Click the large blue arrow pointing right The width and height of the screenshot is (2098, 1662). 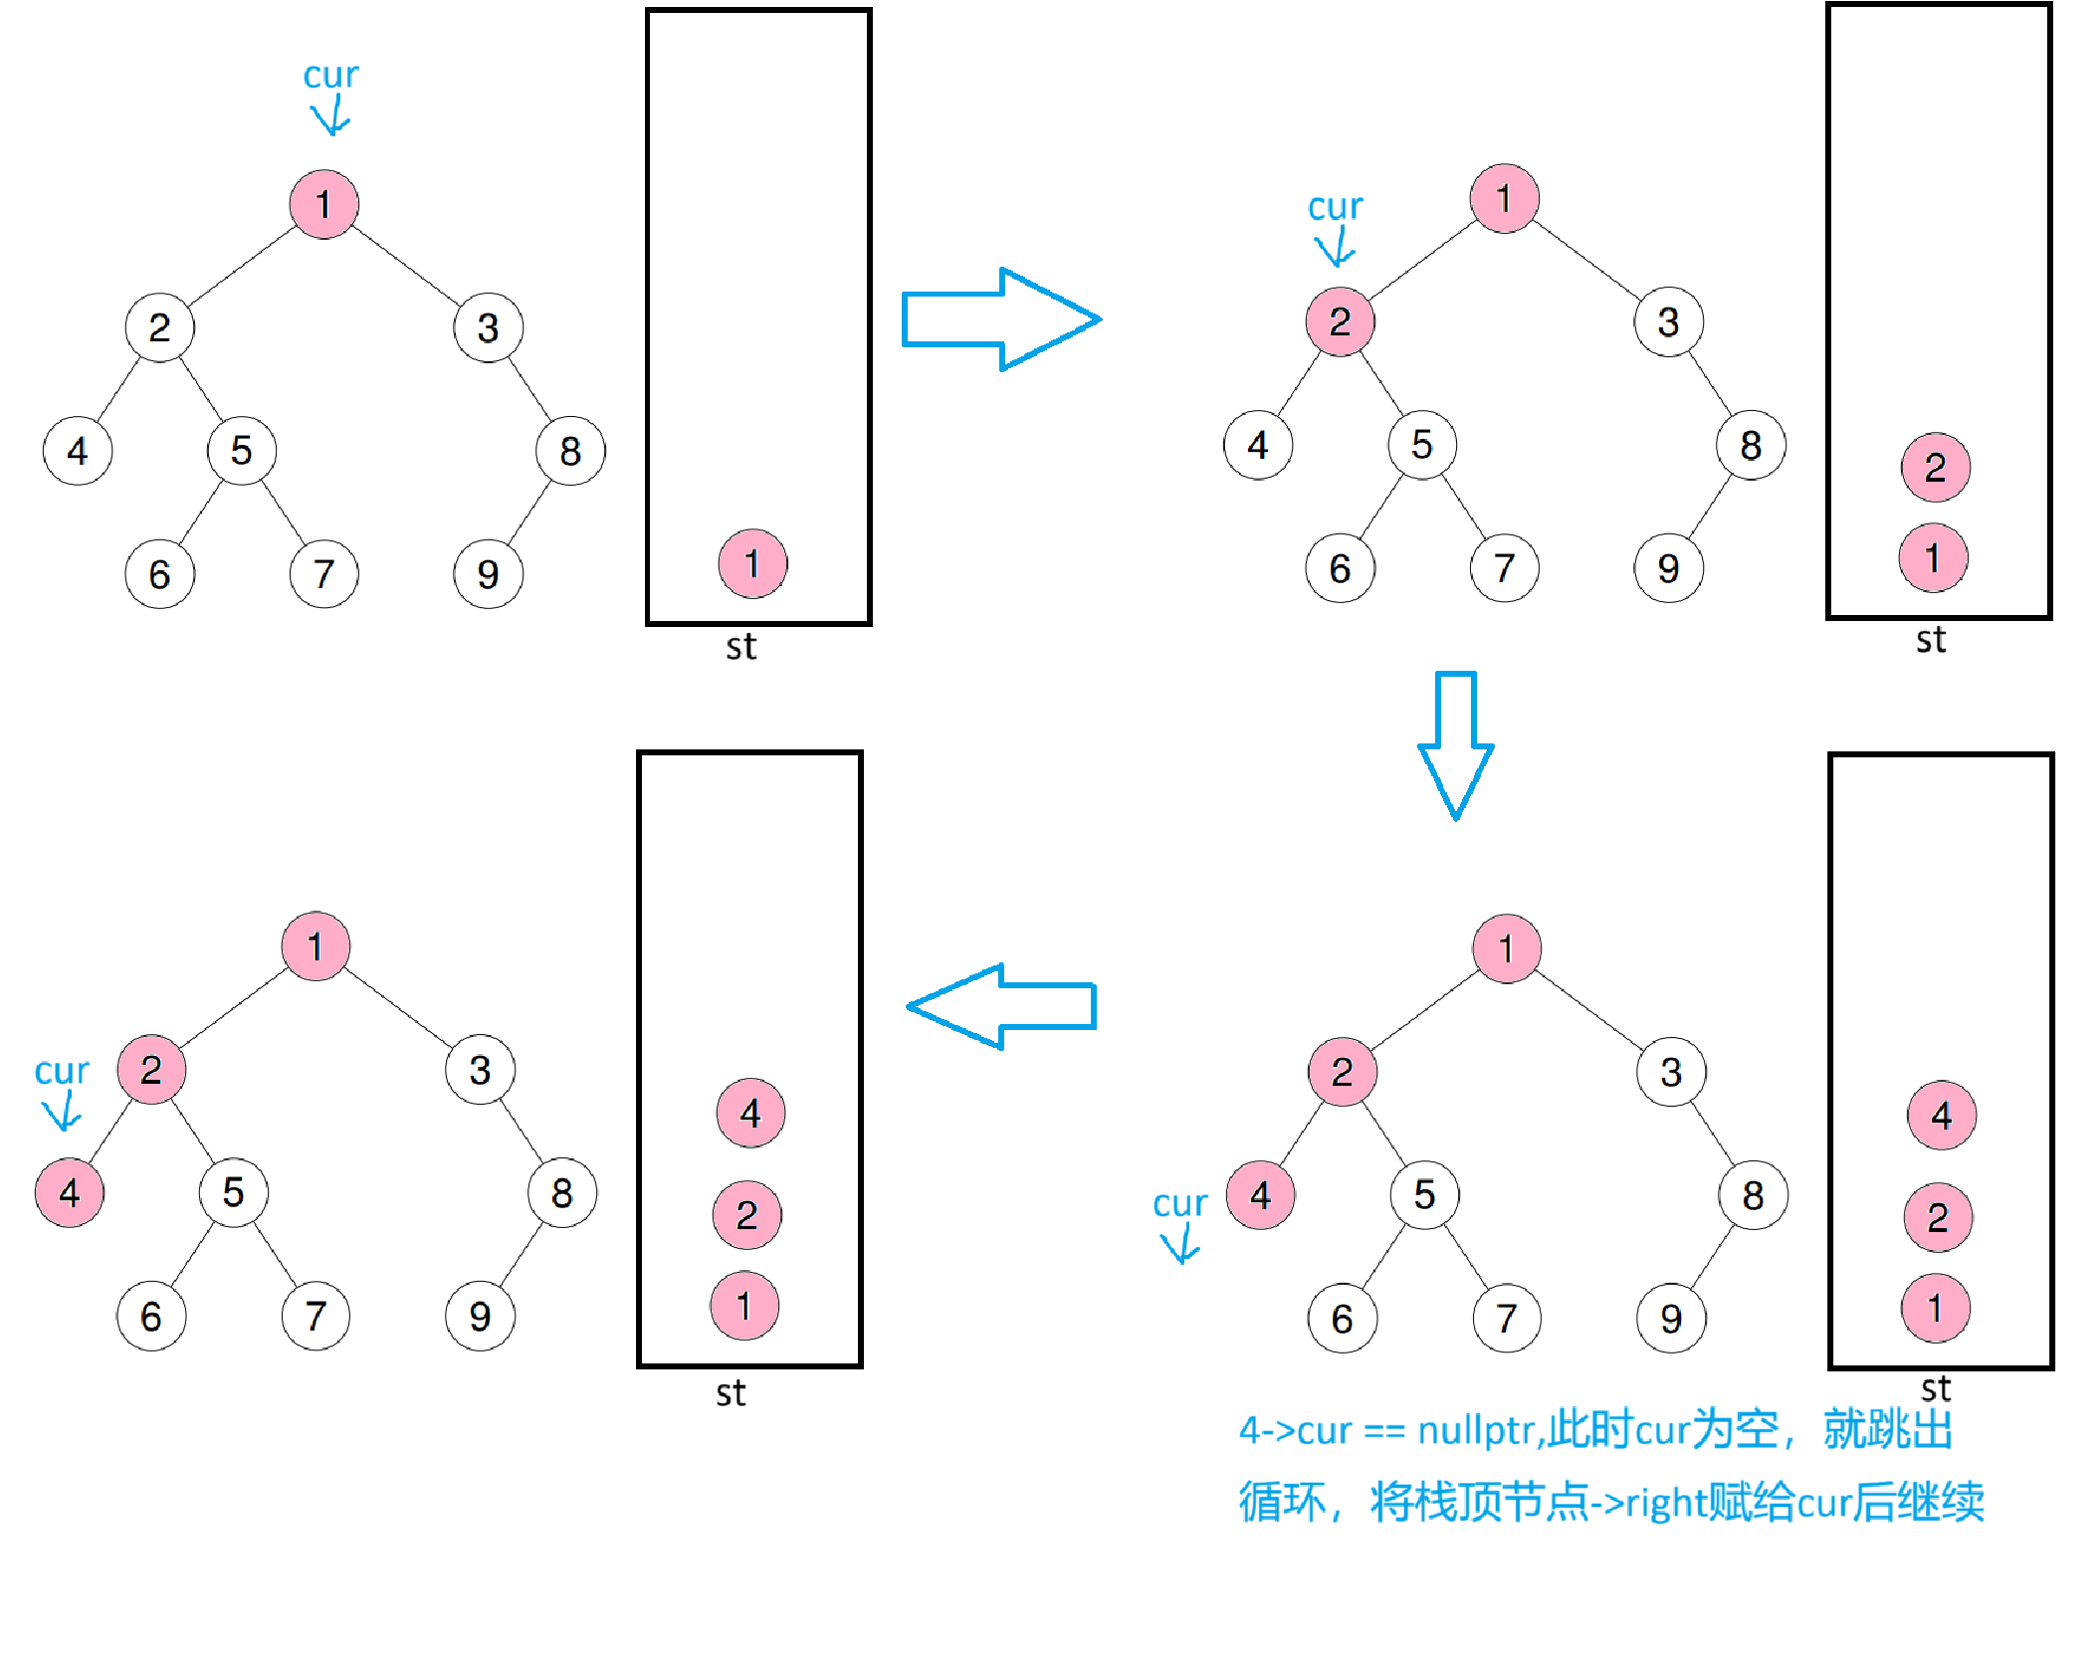(x=1000, y=319)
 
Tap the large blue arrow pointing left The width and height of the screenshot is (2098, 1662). (x=1001, y=1006)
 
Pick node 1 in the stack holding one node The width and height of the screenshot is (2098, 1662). (x=752, y=563)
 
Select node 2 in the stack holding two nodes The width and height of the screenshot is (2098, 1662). (x=1935, y=468)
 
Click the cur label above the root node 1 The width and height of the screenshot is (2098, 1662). (x=330, y=76)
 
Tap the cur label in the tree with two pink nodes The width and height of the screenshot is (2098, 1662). (x=1335, y=207)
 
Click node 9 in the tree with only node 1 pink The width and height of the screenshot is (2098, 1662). (x=488, y=574)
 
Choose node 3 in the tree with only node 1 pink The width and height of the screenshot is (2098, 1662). (x=488, y=327)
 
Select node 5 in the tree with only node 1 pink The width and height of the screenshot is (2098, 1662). (x=241, y=451)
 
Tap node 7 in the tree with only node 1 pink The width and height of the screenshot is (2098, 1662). (x=323, y=574)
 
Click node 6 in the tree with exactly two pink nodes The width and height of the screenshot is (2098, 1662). (x=1340, y=568)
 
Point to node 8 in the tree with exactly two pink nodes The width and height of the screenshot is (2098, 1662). (x=1751, y=445)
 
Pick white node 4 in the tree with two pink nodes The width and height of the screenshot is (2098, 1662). (x=1258, y=445)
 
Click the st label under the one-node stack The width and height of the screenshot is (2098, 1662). (x=740, y=647)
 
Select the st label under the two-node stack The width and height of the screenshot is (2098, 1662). (x=1931, y=640)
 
